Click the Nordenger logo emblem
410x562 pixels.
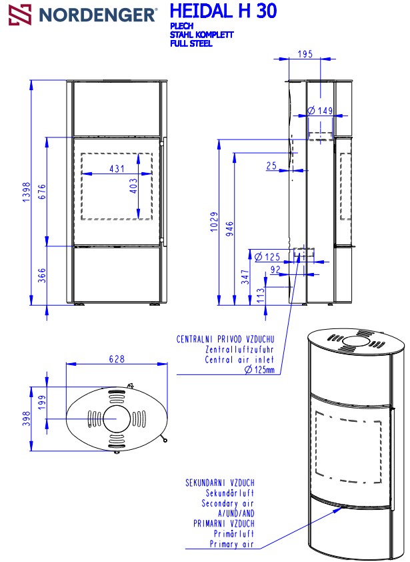pyautogui.click(x=19, y=13)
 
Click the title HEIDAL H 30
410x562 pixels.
pyautogui.click(x=223, y=11)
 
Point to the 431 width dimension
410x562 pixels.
pyautogui.click(x=117, y=170)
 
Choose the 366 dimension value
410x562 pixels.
pyautogui.click(x=42, y=276)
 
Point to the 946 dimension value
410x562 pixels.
pyautogui.click(x=230, y=229)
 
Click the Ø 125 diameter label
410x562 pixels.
pyautogui.click(x=267, y=256)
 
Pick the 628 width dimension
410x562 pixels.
pyautogui.click(x=117, y=359)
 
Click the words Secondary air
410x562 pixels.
pyautogui.click(x=228, y=503)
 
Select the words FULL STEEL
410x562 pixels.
pyautogui.click(x=191, y=44)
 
